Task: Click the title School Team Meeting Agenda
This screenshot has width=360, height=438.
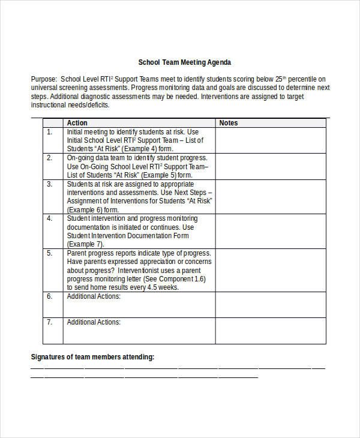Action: point(184,62)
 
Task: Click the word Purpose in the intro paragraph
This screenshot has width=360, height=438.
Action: point(43,79)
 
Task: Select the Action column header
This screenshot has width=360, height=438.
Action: point(77,123)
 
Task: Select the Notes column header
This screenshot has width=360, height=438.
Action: point(229,123)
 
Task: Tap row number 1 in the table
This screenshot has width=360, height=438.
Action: point(50,132)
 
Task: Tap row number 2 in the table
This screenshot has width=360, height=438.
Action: point(50,158)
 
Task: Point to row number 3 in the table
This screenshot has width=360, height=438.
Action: point(50,184)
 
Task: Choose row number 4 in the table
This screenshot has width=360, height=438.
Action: point(50,219)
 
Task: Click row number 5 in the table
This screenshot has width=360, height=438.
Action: point(50,254)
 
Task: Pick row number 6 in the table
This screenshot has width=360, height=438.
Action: point(50,296)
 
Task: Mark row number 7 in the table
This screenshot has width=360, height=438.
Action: point(50,322)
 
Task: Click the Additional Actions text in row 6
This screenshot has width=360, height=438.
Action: point(94,296)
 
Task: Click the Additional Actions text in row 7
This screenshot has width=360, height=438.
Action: point(94,322)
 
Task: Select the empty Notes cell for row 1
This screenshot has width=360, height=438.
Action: point(271,140)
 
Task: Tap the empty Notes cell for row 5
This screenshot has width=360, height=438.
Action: point(271,270)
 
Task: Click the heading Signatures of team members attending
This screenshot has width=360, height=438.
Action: point(92,357)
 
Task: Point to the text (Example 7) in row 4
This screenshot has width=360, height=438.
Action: point(86,245)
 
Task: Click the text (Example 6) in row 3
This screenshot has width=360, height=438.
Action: point(86,210)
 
